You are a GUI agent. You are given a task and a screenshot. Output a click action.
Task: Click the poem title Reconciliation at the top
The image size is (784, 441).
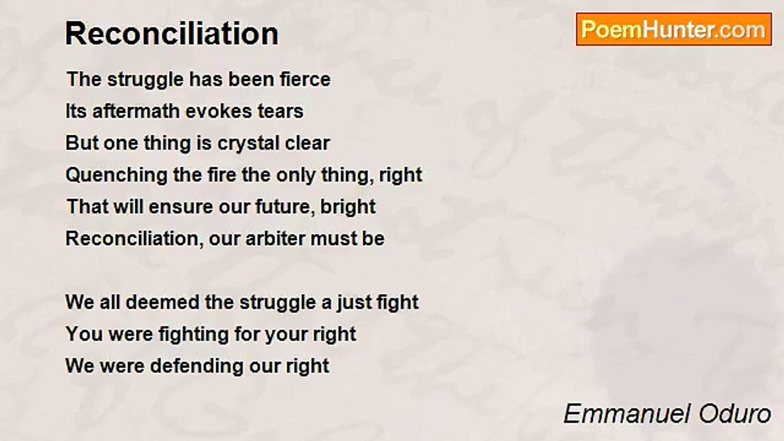click(172, 34)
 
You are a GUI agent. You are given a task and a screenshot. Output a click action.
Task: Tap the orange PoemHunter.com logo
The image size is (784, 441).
click(674, 29)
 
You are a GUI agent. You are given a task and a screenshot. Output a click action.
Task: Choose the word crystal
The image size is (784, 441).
click(249, 144)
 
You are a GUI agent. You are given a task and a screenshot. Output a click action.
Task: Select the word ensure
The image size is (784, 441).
click(181, 207)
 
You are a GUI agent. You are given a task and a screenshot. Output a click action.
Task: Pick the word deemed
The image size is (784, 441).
click(162, 303)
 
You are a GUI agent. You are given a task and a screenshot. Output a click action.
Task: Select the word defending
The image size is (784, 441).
click(197, 367)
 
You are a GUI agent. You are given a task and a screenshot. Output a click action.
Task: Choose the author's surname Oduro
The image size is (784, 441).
click(735, 414)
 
